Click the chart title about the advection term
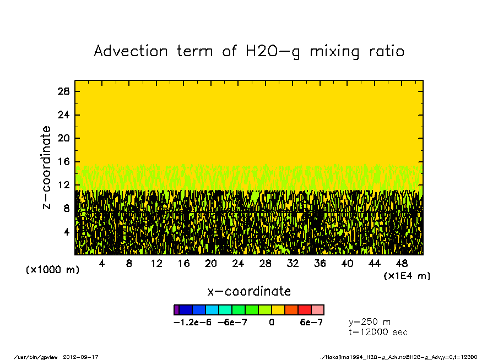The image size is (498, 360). (x=249, y=51)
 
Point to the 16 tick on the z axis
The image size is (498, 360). (x=64, y=161)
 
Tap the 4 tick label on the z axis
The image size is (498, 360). (x=67, y=232)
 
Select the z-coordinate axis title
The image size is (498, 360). (x=47, y=167)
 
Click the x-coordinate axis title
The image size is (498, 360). (x=249, y=291)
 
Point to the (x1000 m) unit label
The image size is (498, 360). (x=50, y=270)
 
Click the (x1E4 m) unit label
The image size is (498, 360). (x=407, y=276)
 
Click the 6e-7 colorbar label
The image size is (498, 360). (x=311, y=323)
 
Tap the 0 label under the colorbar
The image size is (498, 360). (x=272, y=323)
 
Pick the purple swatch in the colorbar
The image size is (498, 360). (x=176, y=310)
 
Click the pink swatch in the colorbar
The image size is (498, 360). (x=318, y=310)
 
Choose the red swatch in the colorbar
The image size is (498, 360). (x=305, y=310)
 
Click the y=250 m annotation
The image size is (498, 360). (x=370, y=321)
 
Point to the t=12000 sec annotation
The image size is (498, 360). (x=378, y=332)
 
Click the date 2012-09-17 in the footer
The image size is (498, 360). (x=85, y=357)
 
